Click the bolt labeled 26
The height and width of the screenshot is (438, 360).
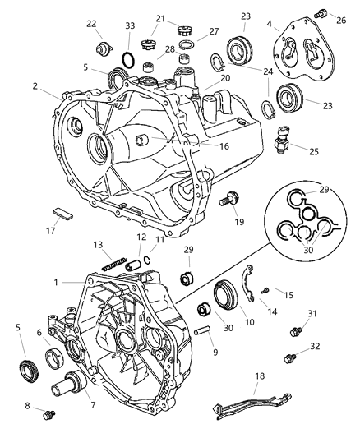(x=323, y=12)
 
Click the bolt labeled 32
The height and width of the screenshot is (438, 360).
(x=288, y=358)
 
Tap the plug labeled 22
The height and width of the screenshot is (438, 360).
(x=102, y=45)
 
